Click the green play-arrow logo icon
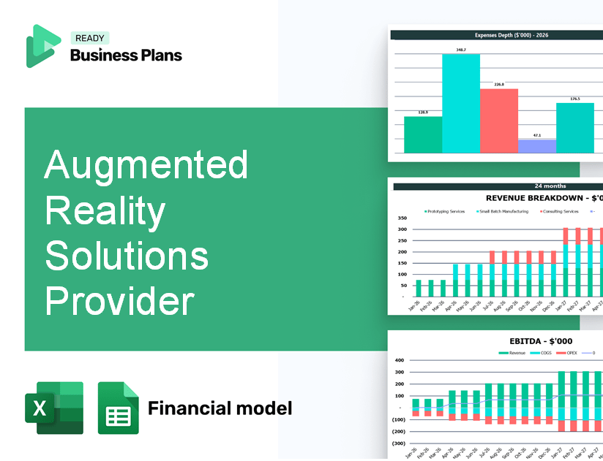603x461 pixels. click(x=42, y=46)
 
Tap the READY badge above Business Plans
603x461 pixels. click(x=89, y=38)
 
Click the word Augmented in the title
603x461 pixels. click(x=146, y=164)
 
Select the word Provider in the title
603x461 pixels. click(x=119, y=300)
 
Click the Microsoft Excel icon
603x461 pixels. click(x=54, y=408)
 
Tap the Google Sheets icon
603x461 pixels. click(x=118, y=408)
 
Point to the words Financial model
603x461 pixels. click(x=220, y=408)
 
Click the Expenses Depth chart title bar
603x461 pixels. click(x=496, y=34)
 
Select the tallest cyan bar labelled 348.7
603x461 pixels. click(x=461, y=103)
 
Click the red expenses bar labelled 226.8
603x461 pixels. click(x=499, y=121)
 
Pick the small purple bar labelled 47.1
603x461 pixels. click(x=536, y=146)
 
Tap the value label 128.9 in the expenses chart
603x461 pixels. click(x=423, y=113)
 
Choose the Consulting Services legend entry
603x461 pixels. click(x=560, y=211)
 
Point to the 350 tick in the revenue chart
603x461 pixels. click(x=402, y=218)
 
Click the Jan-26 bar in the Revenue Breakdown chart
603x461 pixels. click(x=419, y=288)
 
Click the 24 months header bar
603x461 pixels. click(x=498, y=186)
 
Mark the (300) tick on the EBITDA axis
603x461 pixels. click(x=399, y=443)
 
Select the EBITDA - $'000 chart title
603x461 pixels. click(x=541, y=340)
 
